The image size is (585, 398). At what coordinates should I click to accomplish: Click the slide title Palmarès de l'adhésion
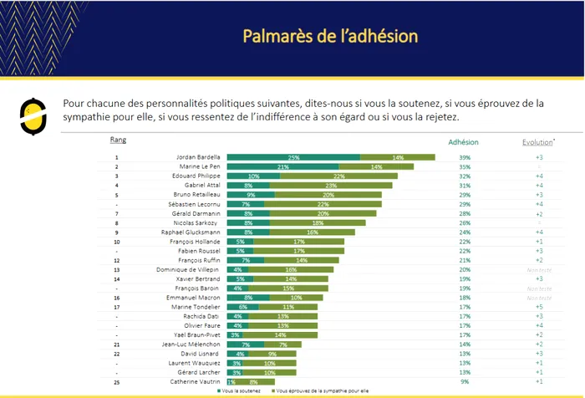[329, 37]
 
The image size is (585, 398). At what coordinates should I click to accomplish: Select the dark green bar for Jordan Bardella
[293, 157]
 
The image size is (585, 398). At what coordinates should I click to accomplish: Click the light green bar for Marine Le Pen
[376, 166]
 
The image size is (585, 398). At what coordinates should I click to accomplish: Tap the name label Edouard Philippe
[196, 176]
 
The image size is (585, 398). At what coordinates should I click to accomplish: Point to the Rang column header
[118, 140]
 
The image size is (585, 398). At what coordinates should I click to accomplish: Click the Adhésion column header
[464, 142]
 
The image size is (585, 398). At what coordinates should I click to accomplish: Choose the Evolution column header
[538, 142]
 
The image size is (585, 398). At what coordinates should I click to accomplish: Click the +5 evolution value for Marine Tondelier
[539, 306]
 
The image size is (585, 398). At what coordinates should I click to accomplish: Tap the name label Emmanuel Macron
[196, 297]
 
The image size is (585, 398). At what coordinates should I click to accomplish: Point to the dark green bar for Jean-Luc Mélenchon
[246, 344]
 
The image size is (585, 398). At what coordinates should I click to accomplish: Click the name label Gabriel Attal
[201, 186]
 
